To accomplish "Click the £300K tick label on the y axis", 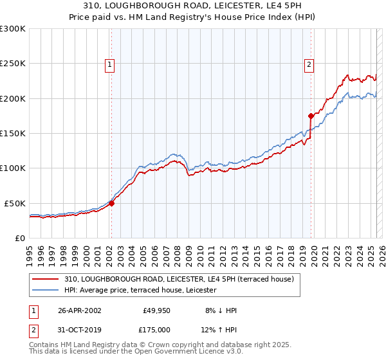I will pos(13,29).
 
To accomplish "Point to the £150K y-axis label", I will pos(13,134).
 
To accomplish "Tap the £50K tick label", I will pos(15,203).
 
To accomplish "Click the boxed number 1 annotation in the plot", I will pos(110,64).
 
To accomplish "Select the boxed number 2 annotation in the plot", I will pos(309,64).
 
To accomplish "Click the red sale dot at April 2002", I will pos(111,203).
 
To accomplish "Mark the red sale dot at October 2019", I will pos(311,116).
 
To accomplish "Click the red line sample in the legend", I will pos(46,279).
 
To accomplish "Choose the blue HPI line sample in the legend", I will pos(46,291).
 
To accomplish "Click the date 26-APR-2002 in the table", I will pos(78,310).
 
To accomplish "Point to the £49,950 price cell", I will pos(156,310).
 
